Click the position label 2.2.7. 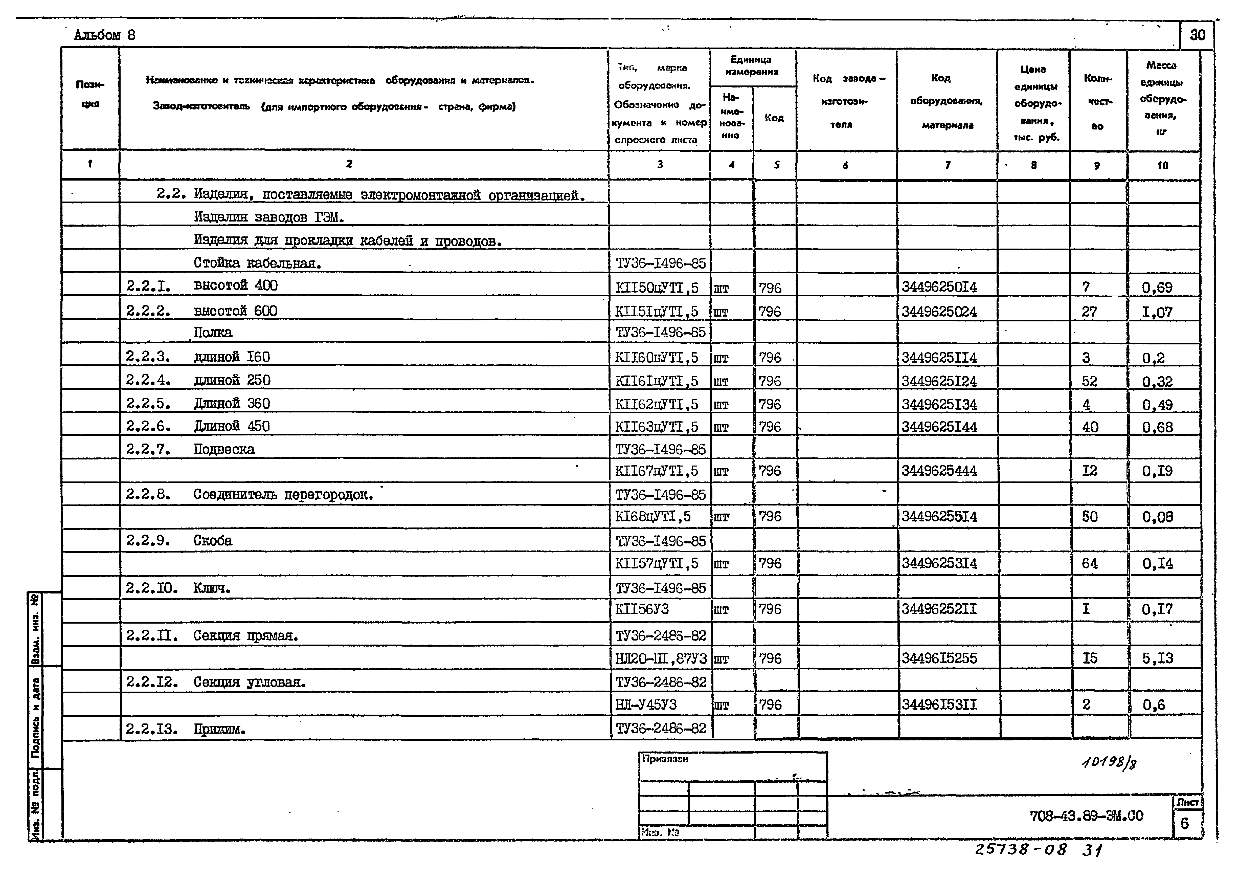click(x=148, y=449)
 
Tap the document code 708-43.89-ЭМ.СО click(x=1086, y=816)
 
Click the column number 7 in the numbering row click(x=947, y=165)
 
